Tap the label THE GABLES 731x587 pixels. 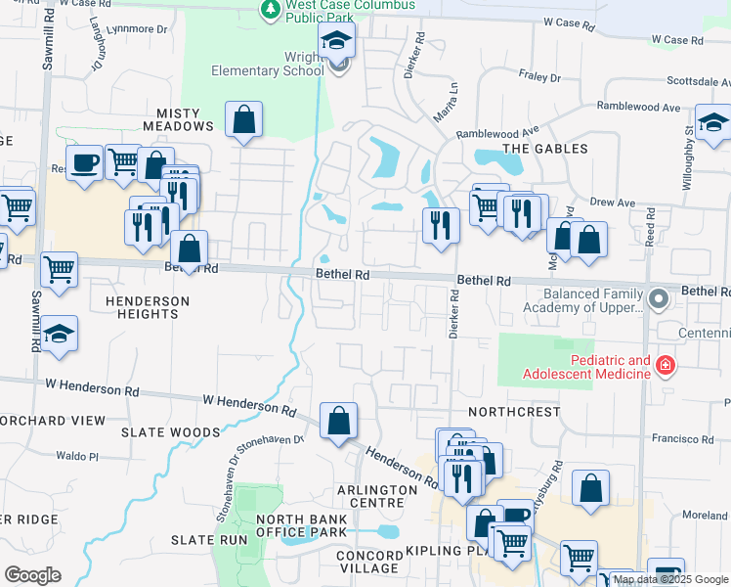click(544, 149)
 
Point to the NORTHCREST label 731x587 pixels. click(514, 412)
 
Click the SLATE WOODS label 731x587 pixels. click(171, 431)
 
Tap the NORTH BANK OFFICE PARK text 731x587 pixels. click(301, 525)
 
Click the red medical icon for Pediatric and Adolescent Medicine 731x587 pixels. click(666, 365)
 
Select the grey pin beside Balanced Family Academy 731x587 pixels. click(660, 296)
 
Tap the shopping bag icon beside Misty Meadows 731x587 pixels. click(243, 120)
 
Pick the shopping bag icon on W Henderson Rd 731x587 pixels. click(337, 422)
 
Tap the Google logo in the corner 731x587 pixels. click(32, 575)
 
